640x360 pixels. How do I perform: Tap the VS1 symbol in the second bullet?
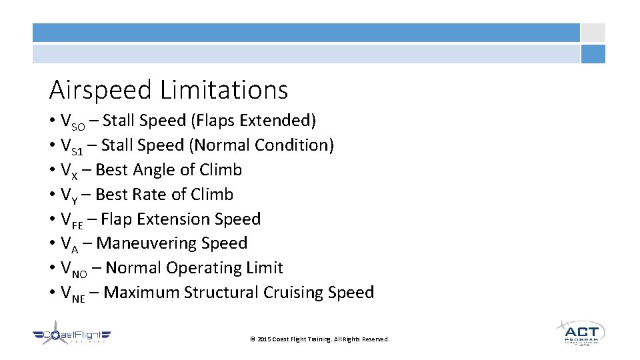pyautogui.click(x=71, y=146)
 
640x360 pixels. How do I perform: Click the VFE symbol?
pyautogui.click(x=71, y=220)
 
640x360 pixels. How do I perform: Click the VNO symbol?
pyautogui.click(x=73, y=269)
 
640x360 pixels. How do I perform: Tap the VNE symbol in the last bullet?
pyautogui.click(x=72, y=293)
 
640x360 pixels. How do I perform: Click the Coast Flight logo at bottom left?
pyautogui.click(x=71, y=337)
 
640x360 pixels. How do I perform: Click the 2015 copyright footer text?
pyautogui.click(x=319, y=339)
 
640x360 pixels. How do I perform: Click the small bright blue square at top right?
pyautogui.click(x=593, y=54)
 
